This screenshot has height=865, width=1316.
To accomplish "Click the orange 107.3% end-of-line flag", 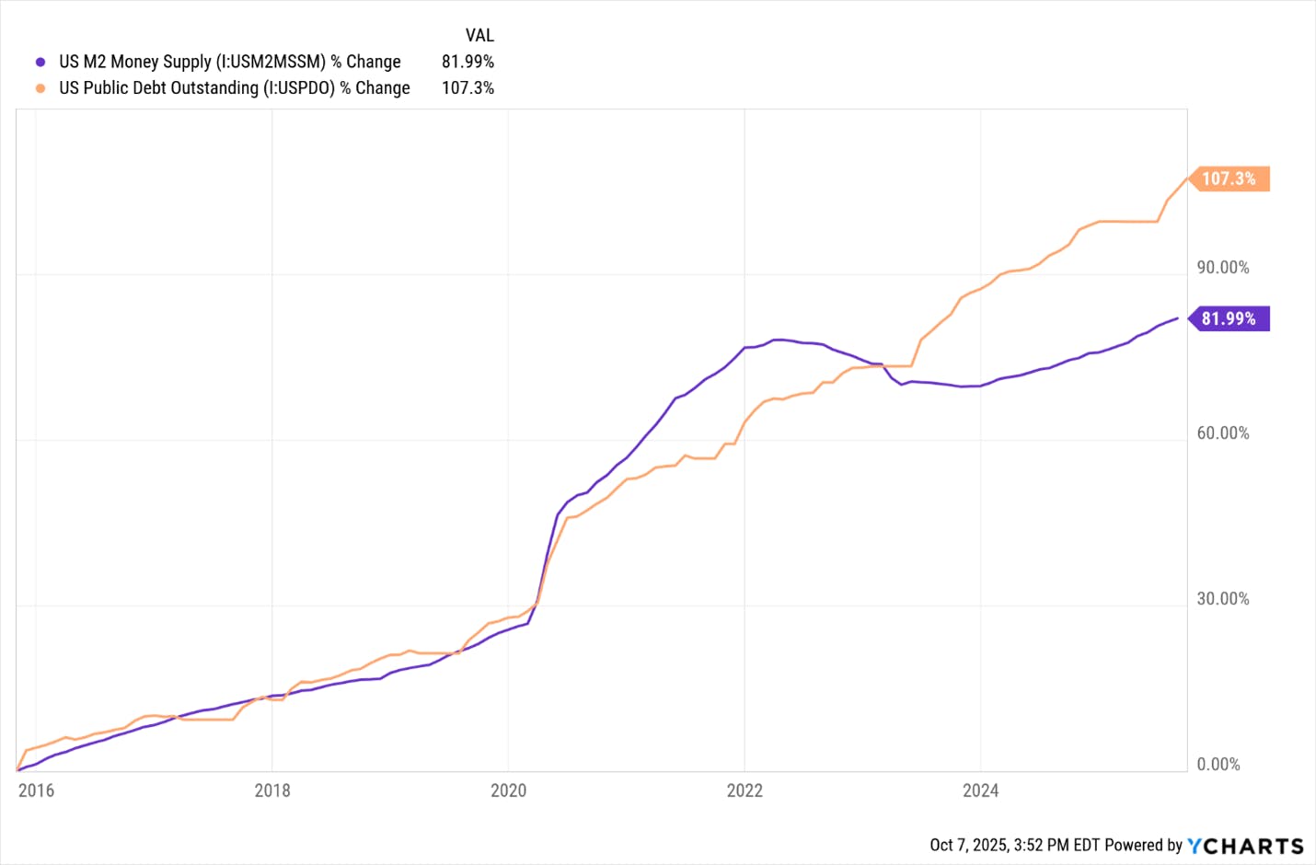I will tap(1229, 179).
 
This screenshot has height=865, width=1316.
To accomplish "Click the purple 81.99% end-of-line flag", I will tap(1229, 318).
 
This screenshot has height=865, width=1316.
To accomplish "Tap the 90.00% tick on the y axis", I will tap(1222, 268).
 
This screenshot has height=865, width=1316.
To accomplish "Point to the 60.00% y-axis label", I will tap(1222, 433).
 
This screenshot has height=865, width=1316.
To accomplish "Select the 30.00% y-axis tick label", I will tap(1222, 599).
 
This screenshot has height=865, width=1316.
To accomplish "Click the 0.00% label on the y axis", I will tap(1218, 765).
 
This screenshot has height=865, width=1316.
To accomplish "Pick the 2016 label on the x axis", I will tap(36, 790).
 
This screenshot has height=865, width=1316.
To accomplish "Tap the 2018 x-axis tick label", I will tap(272, 790).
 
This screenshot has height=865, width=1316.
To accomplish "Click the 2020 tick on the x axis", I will tap(508, 790).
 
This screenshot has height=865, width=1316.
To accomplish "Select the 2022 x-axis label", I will tap(745, 790).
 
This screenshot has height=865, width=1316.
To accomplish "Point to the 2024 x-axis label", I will tap(980, 790).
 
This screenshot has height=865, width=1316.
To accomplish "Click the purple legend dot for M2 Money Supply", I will tap(40, 63).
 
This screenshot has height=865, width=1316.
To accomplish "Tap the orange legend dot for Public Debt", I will tap(40, 88).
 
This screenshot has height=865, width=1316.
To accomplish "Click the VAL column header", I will tap(479, 36).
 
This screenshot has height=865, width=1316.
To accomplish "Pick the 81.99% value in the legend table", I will tap(468, 62).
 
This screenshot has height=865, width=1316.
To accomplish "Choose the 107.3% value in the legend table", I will tap(468, 87).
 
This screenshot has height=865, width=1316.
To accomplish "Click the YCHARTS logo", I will tap(1245, 846).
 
